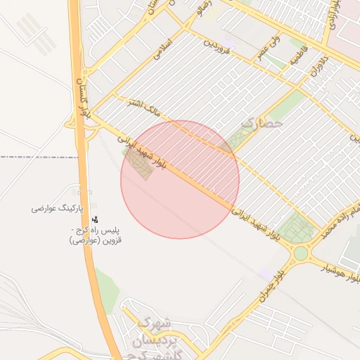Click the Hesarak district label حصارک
(x=262, y=122)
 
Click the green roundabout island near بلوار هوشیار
(x=301, y=253)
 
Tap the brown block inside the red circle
(x=141, y=166)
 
